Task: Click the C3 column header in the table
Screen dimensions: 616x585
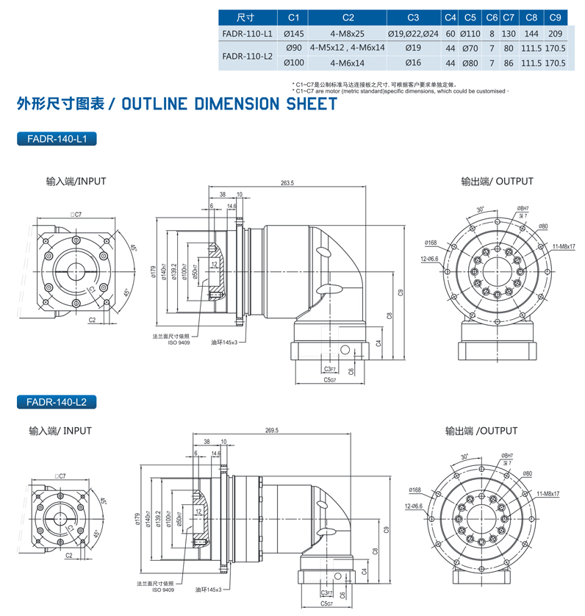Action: pos(412,17)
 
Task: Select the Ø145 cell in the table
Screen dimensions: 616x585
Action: pos(293,34)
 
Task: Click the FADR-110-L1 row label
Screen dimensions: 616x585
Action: pos(247,34)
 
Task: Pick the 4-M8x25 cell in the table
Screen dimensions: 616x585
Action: pos(348,34)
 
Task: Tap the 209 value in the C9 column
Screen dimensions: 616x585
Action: pos(556,34)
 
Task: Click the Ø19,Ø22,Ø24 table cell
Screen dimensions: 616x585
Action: pos(412,34)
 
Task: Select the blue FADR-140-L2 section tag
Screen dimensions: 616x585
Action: pos(57,402)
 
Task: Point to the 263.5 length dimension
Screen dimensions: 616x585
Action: pos(287,183)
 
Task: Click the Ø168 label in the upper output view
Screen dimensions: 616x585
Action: pos(431,242)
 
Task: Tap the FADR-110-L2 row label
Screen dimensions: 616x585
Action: pos(247,56)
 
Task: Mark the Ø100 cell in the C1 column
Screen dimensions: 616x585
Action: pos(293,63)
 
